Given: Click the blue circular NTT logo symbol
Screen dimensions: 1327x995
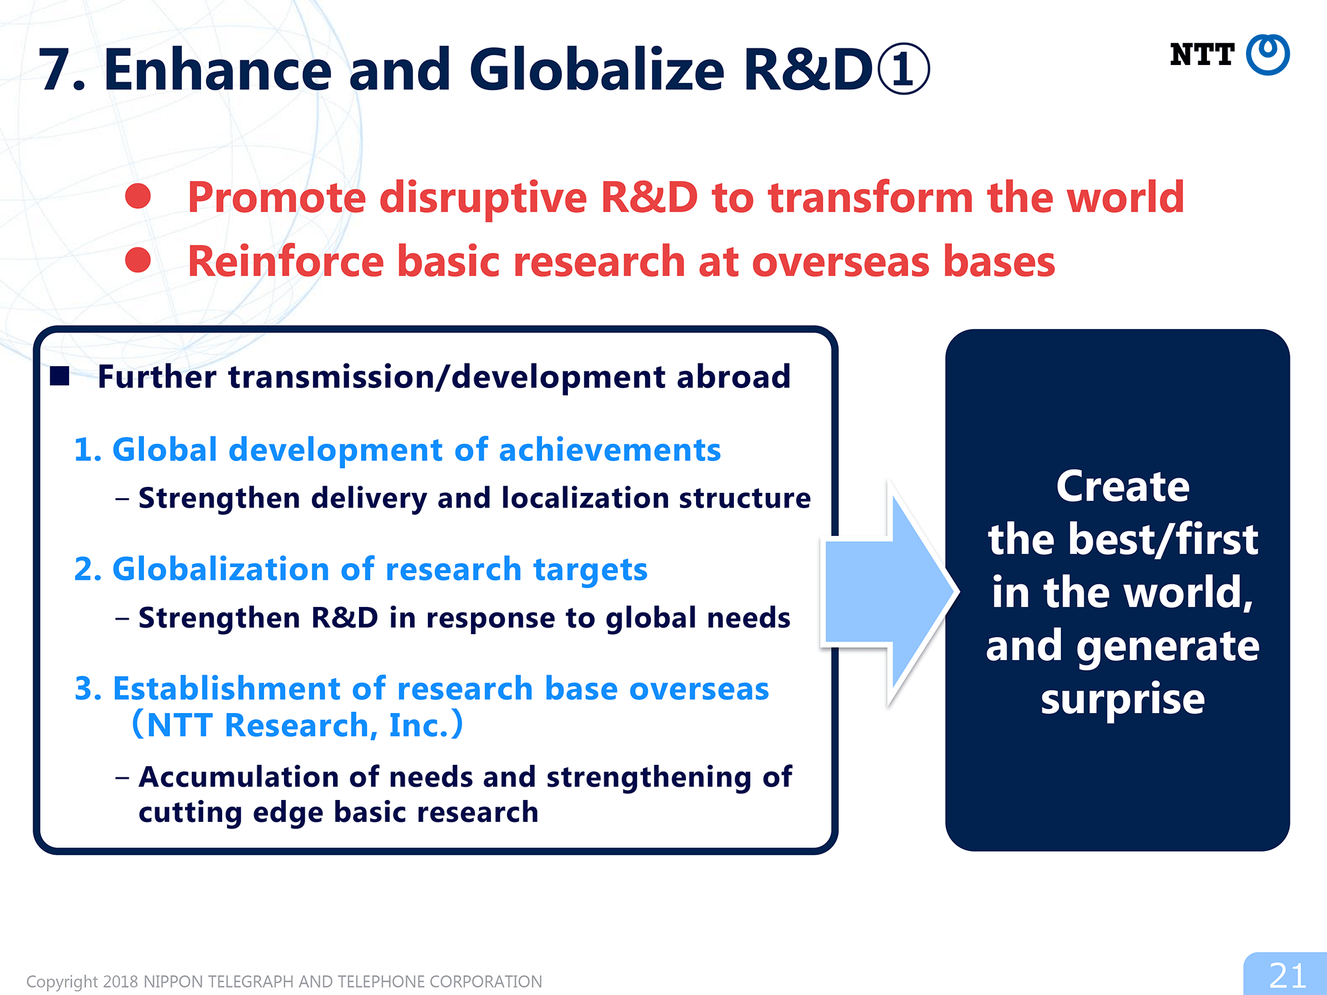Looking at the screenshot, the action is tap(1267, 54).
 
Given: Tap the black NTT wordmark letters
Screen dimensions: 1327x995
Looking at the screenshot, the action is tap(1202, 54).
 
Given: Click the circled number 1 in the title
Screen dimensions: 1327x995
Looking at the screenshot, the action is tap(904, 70).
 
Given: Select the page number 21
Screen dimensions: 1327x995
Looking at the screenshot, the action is tap(1287, 976).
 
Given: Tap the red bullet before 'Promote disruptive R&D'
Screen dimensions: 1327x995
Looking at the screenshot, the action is tap(138, 196).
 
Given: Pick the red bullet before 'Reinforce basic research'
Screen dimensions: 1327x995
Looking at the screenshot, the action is tap(138, 259).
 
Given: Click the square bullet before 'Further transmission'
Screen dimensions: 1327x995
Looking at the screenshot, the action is tap(60, 376).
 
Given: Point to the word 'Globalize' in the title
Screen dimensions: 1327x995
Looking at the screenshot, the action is tap(597, 70).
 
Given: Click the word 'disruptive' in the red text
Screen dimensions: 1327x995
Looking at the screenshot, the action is tap(483, 198).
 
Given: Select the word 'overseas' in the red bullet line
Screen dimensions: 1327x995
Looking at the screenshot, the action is tap(841, 261).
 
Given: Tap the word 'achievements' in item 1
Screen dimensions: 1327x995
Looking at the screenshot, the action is tap(610, 450).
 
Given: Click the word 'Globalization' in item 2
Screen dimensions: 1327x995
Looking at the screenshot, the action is tap(221, 569).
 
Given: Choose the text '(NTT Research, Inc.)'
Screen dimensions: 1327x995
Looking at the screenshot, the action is tap(297, 724).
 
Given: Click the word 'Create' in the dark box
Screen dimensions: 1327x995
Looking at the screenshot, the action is tap(1123, 486).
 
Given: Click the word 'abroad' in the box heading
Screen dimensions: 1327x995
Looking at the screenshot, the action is tap(734, 376).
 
